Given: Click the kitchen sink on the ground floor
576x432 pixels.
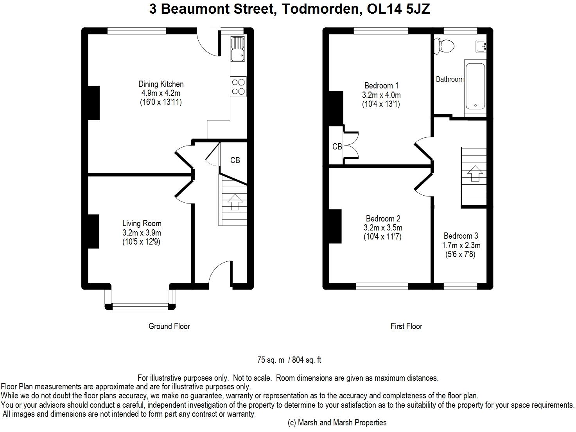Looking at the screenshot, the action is tap(238, 49).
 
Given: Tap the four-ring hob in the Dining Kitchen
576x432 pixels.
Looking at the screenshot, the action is tap(238, 86).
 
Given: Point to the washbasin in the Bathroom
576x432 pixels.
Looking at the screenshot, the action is tap(481, 47).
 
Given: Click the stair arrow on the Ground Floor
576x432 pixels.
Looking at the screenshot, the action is tap(235, 202).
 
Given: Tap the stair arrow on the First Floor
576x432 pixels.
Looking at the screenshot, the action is tap(475, 173).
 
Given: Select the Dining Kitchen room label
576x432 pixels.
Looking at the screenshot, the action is tap(161, 84).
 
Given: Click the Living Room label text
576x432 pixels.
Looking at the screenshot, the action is tap(142, 223).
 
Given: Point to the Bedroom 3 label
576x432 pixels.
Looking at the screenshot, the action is tap(461, 236).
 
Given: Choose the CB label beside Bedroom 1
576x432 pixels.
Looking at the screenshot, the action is tap(337, 146).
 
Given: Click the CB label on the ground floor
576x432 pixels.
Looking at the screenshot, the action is tap(235, 160).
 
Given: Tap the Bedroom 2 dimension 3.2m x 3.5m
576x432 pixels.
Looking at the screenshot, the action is tap(383, 228).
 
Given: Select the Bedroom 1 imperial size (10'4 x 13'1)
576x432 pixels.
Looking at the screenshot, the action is tap(381, 104).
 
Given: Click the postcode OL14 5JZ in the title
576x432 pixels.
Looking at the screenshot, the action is tap(398, 9).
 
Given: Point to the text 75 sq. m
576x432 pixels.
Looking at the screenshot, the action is tap(271, 360).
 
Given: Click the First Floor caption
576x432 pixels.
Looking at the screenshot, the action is tap(406, 326).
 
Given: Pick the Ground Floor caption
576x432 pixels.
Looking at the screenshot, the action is tap(169, 326).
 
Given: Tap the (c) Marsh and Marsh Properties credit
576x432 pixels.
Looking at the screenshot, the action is tap(337, 423).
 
